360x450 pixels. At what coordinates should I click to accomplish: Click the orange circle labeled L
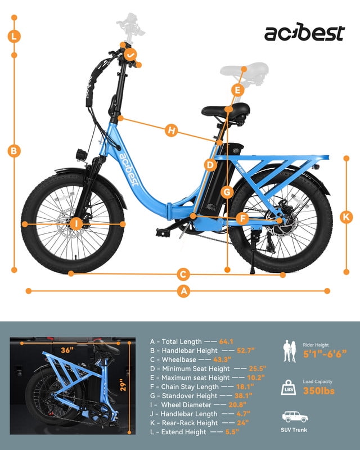(14, 37)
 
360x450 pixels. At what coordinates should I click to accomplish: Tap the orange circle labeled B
(14, 151)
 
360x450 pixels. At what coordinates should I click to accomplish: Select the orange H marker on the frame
(172, 130)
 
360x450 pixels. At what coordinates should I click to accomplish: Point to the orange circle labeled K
(346, 217)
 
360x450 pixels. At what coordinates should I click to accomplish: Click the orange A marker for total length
(184, 291)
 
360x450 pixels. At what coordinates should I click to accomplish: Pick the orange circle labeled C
(183, 274)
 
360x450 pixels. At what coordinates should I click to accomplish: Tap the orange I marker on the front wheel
(76, 223)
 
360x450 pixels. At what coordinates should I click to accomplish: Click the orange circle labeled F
(242, 219)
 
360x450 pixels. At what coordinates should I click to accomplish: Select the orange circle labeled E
(238, 90)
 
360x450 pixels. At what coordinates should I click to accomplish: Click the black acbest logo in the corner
(304, 32)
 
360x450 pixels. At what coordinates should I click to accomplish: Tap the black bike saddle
(226, 110)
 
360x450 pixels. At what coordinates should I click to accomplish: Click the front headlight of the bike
(81, 155)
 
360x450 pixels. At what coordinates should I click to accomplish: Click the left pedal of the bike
(163, 232)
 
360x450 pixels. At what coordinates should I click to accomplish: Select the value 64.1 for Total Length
(226, 341)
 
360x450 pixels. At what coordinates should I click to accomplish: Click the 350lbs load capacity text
(319, 391)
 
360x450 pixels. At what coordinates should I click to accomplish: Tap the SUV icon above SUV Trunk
(295, 417)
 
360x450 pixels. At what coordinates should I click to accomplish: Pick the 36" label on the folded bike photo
(67, 350)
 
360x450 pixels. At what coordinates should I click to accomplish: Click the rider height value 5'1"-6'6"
(325, 354)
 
